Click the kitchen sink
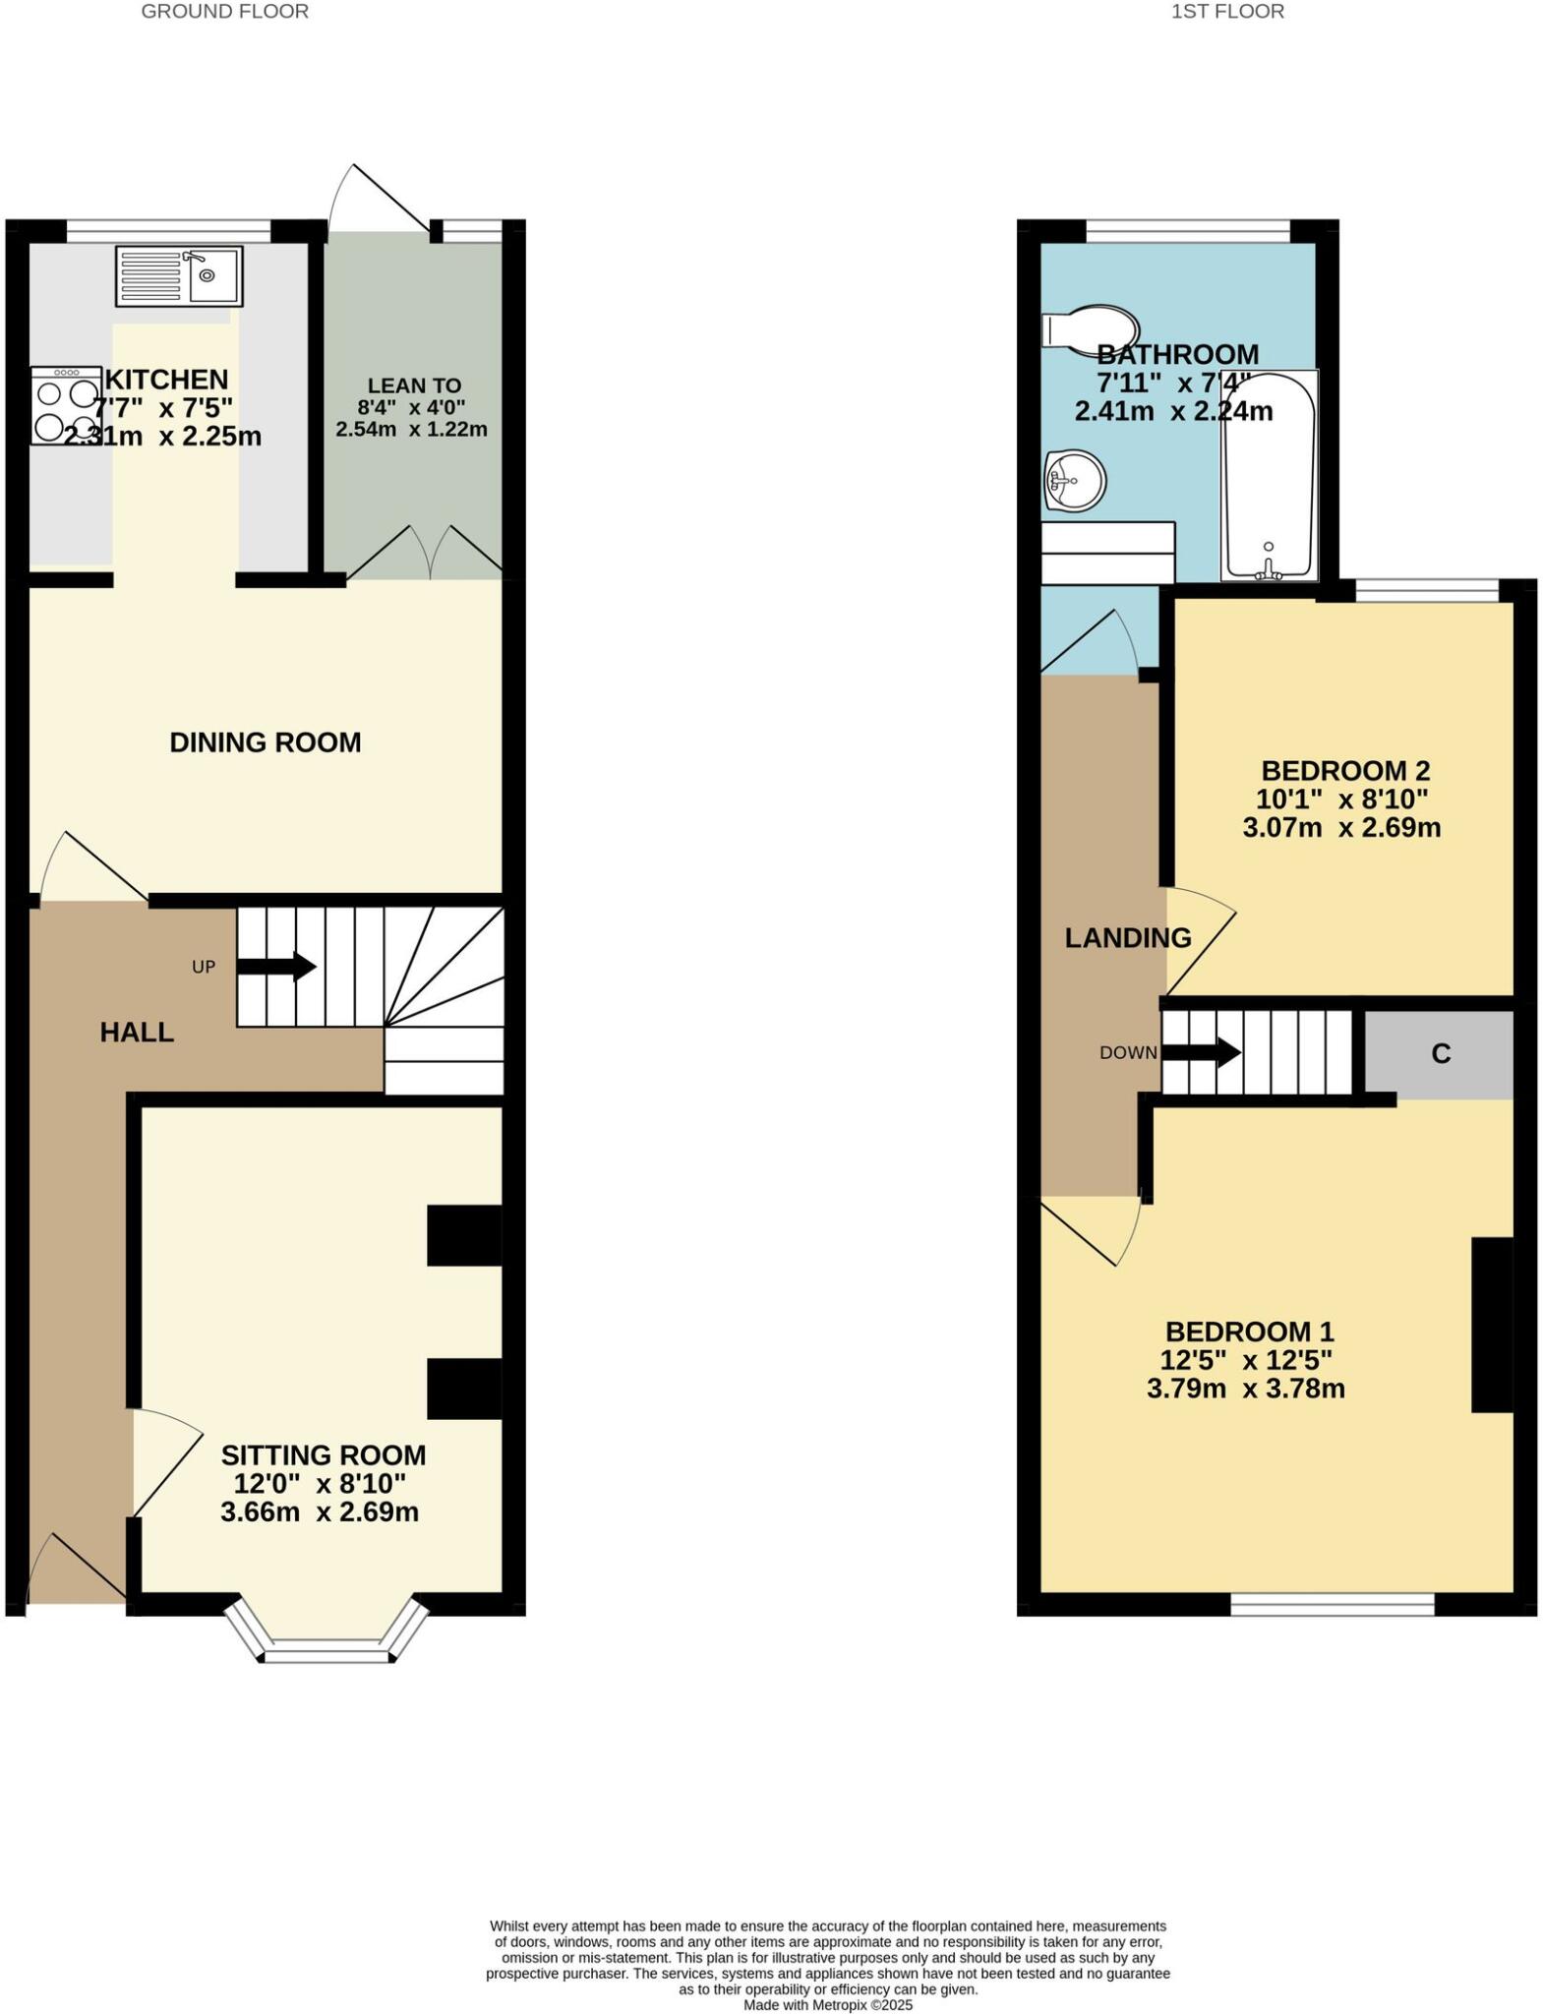pos(179,276)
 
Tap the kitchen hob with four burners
pos(66,406)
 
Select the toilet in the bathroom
pos(1090,328)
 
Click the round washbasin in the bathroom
pos(1074,482)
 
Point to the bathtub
pos(1269,476)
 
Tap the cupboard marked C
pos(1440,1054)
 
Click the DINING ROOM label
pos(266,742)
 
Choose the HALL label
pos(137,1032)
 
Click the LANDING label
pos(1128,938)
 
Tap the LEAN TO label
pos(414,385)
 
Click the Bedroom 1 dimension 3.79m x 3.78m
pos(1245,1389)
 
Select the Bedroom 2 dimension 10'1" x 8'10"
pos(1341,799)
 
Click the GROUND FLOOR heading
pos(224,12)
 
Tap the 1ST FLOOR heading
pos(1227,12)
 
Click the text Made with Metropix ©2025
pos(827,2004)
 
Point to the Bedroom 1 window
pos(1333,1605)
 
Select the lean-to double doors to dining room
pos(425,554)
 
